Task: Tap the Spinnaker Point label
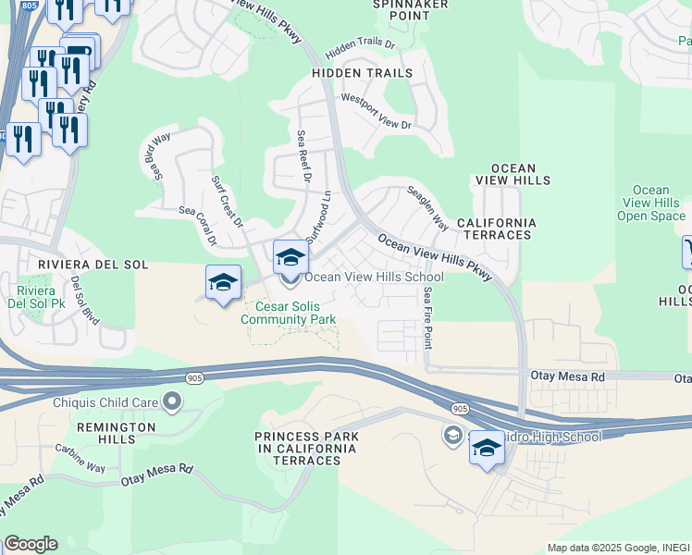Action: (x=410, y=10)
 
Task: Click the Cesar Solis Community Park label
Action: (x=288, y=314)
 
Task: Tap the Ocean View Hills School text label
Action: (x=374, y=277)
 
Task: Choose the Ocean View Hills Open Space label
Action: (x=651, y=203)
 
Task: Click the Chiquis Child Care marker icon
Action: (x=171, y=401)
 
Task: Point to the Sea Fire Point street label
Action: (x=427, y=317)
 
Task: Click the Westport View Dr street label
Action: (x=376, y=111)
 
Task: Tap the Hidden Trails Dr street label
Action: (x=360, y=44)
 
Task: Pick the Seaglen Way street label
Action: (x=428, y=208)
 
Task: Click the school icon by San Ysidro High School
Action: (x=487, y=449)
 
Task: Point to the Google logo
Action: (x=31, y=544)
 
